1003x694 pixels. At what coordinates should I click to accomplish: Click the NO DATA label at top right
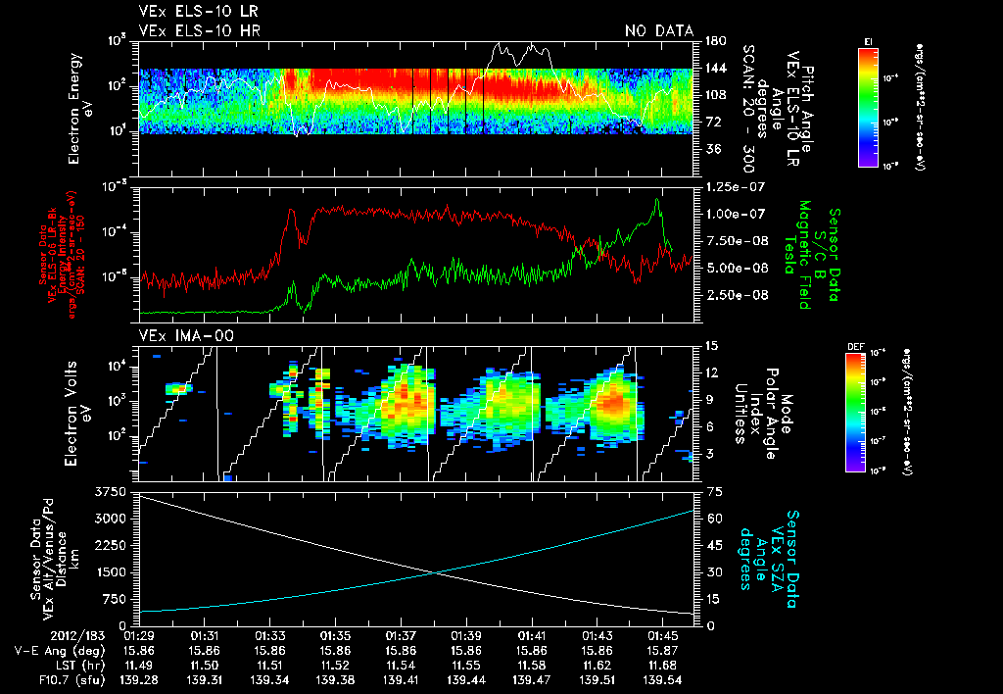(x=659, y=30)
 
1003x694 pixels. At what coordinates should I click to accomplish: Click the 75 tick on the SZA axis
(x=703, y=491)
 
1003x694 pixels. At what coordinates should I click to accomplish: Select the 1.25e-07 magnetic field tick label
(x=729, y=187)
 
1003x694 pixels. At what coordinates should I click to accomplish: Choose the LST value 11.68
(x=663, y=665)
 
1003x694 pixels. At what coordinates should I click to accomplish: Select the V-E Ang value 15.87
(x=663, y=650)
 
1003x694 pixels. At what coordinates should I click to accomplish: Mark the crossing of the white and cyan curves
(x=438, y=573)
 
